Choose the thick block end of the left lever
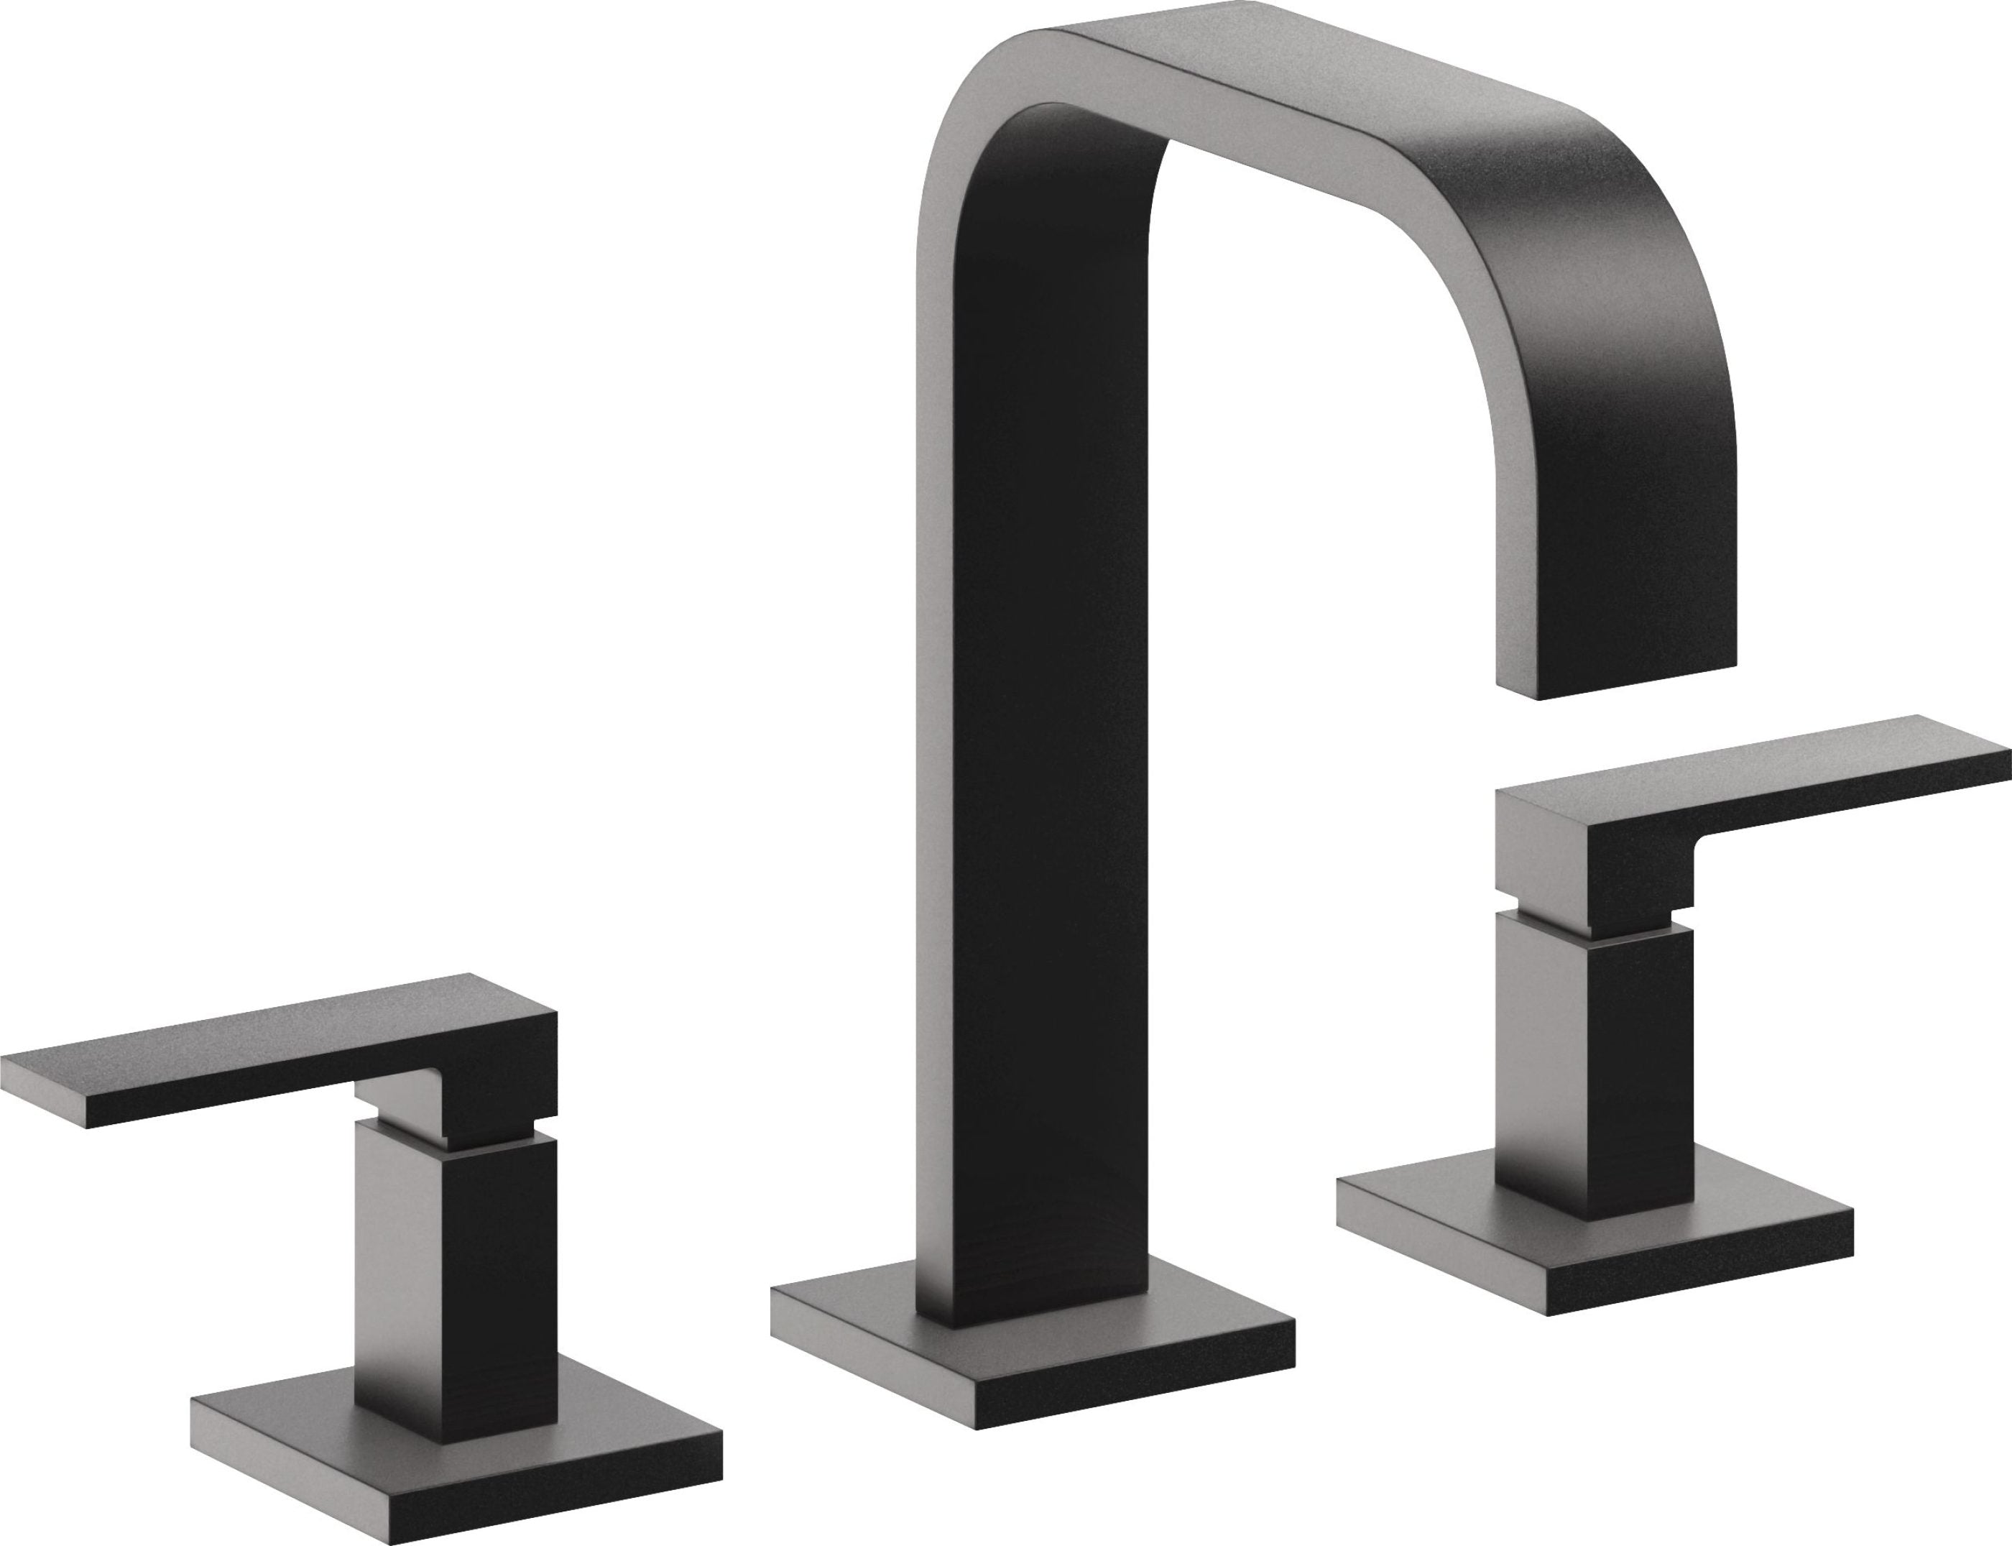[x=502, y=1067]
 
